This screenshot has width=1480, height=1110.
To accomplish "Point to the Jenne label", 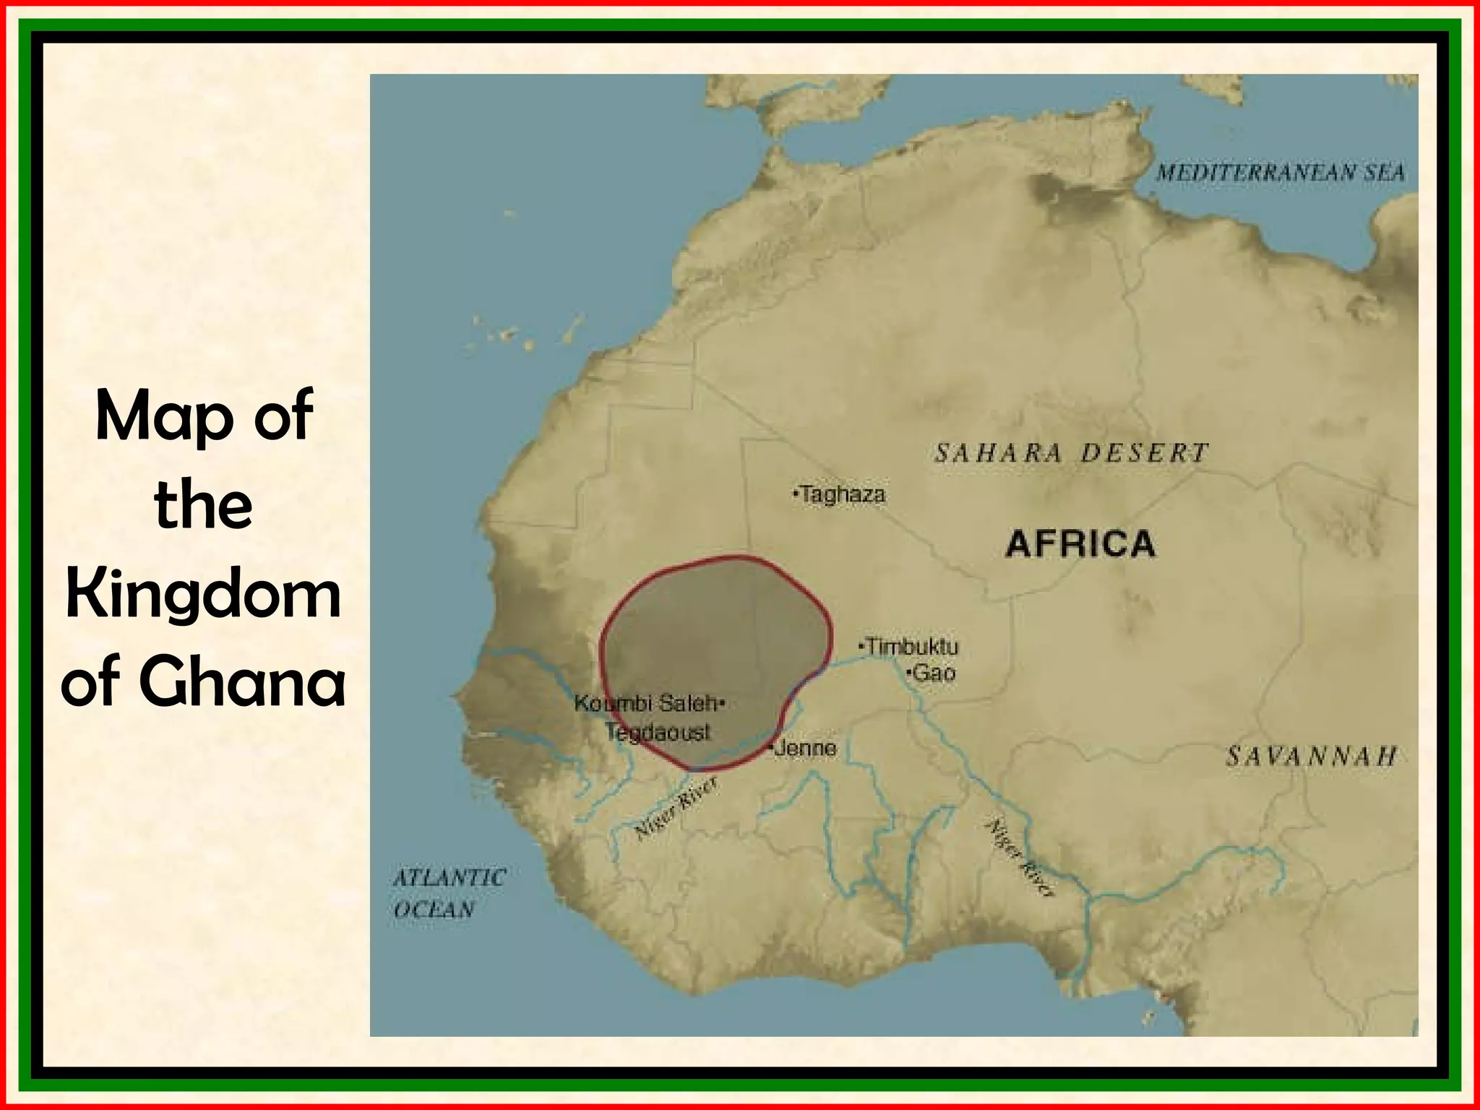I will tap(805, 748).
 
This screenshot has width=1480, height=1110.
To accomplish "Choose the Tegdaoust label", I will tap(658, 733).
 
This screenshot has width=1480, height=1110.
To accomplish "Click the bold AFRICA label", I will tap(1080, 544).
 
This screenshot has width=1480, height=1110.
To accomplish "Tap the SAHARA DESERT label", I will tap(1071, 454).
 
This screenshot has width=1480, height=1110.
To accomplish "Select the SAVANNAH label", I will tap(1311, 757).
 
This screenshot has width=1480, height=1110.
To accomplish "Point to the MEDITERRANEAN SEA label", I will tap(1280, 173).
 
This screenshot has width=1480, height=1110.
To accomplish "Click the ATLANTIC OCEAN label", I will tap(448, 893).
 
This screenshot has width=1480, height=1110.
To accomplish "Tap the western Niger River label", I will tap(676, 808).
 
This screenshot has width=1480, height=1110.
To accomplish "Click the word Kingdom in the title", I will tap(203, 596).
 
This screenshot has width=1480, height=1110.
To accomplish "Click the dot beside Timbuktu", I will tap(861, 644).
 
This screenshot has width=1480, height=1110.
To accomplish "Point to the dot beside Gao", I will tap(908, 674).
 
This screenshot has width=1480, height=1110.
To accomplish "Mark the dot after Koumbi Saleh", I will tap(723, 702).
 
